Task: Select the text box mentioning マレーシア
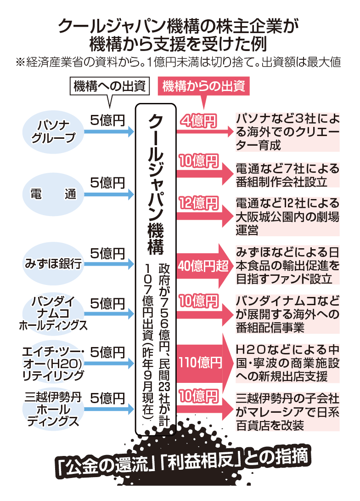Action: pyautogui.click(x=287, y=411)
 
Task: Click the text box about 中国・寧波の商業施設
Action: pyautogui.click(x=287, y=363)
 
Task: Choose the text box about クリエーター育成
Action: pyautogui.click(x=287, y=132)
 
